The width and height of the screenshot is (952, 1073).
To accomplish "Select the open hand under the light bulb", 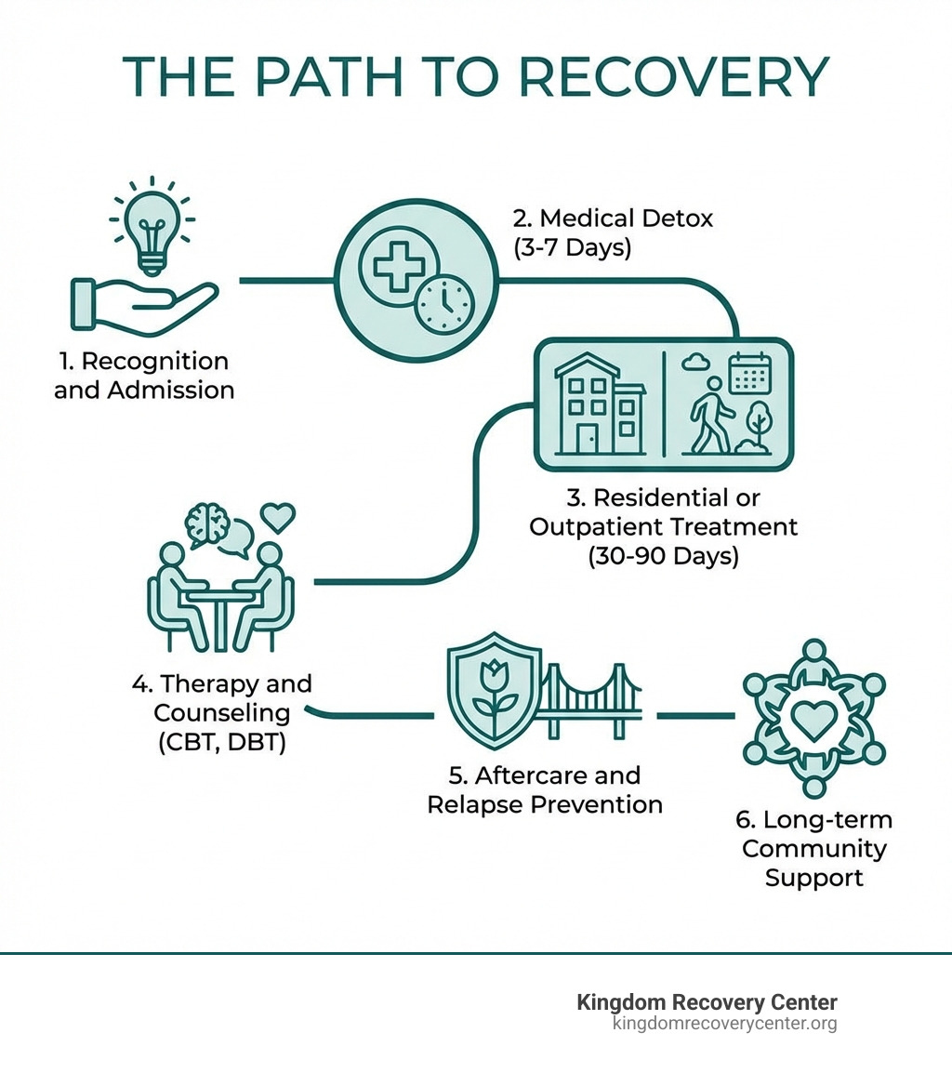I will click(144, 305).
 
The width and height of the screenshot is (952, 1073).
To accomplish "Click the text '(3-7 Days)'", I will click(571, 248).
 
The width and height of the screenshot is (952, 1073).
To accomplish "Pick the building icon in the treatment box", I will click(598, 404).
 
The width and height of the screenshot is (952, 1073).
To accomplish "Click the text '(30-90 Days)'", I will click(663, 556).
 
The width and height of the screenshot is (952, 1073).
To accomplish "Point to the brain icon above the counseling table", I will click(209, 524).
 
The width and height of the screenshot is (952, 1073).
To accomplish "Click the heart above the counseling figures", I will click(277, 515).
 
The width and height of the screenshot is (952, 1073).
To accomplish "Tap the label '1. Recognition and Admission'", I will click(144, 375).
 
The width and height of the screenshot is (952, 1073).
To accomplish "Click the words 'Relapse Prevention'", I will click(545, 804).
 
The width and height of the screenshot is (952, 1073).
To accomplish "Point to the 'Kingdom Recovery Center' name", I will click(707, 1002).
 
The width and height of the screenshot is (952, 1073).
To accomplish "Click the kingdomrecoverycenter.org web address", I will click(724, 1024).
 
